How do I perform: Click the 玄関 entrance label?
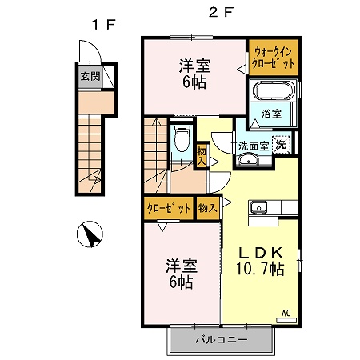(90, 77)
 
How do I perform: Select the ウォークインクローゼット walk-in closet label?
(273, 58)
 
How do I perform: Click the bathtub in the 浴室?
(273, 91)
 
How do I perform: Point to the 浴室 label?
(271, 114)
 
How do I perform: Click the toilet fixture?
(182, 138)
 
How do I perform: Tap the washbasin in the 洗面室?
(248, 160)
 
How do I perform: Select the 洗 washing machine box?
(281, 146)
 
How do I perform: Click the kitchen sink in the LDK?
(258, 207)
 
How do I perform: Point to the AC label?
(286, 313)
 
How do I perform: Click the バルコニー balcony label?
(222, 340)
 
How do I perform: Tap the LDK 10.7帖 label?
(260, 261)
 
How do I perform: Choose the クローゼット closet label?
(169, 208)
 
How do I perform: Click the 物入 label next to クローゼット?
(208, 208)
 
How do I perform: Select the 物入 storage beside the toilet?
(202, 156)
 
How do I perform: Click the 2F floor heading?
(221, 12)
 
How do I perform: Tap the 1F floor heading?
(103, 25)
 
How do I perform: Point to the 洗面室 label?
(254, 146)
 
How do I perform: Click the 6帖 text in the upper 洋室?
(194, 82)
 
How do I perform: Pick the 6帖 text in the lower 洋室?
(182, 282)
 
